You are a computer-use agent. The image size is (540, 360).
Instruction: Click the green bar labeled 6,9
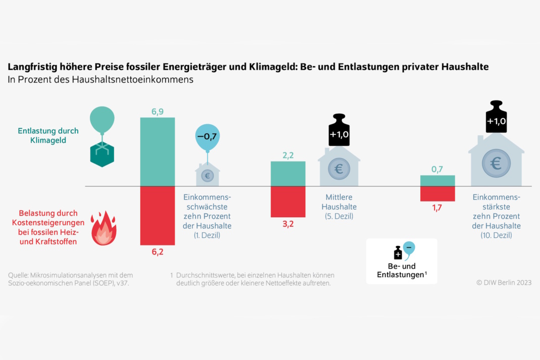tap(157, 151)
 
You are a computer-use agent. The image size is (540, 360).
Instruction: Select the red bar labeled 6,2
tap(157, 216)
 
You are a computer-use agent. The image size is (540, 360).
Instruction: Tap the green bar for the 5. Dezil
tap(288, 174)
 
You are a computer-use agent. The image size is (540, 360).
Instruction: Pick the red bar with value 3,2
tap(288, 201)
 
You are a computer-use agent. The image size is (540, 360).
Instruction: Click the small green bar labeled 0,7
tap(438, 181)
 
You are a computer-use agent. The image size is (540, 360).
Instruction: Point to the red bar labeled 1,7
tap(438, 194)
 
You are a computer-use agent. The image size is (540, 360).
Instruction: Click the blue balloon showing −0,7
tap(209, 136)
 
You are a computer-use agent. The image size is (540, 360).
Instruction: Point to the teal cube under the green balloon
tap(102, 154)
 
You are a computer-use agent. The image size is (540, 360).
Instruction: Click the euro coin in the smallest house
tap(207, 175)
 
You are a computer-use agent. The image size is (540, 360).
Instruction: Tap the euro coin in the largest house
tap(496, 164)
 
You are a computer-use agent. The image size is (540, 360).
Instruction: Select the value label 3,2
tap(288, 224)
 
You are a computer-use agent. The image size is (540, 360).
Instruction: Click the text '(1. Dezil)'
tap(207, 235)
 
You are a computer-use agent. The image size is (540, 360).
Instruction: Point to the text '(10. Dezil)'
tap(496, 235)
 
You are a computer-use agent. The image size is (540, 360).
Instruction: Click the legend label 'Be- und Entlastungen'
tap(401, 270)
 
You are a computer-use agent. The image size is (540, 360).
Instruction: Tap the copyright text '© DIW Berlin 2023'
tap(503, 283)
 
